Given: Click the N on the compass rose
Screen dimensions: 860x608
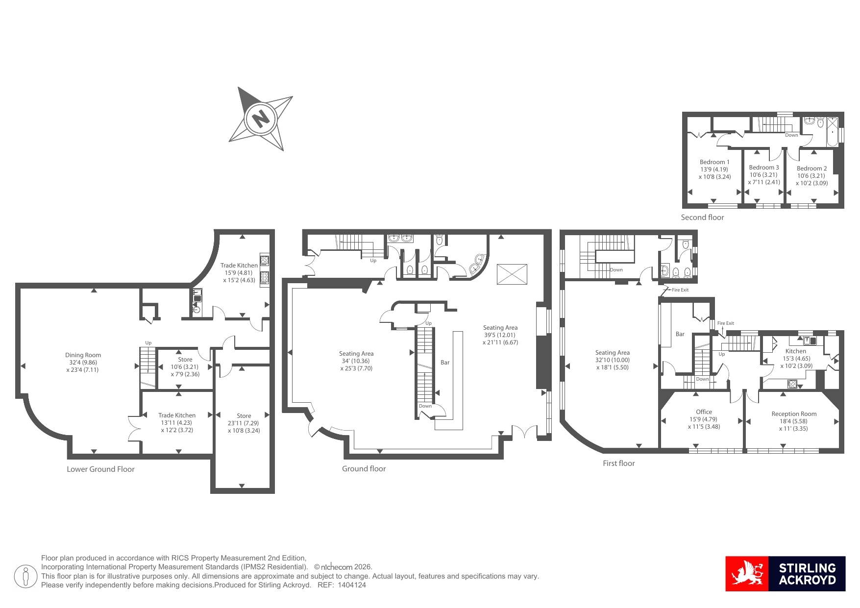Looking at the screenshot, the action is [x=261, y=118].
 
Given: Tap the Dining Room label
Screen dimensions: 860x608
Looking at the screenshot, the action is [x=83, y=355].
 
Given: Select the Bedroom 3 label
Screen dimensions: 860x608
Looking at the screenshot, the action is [x=763, y=168].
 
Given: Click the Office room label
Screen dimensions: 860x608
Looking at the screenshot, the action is [x=704, y=412].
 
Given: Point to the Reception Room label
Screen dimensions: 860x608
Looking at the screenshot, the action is [x=794, y=414].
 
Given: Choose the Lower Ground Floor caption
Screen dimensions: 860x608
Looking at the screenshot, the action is [x=100, y=469].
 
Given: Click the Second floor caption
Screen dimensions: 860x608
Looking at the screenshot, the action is [x=702, y=218].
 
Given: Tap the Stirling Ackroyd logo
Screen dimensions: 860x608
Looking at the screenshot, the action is [x=786, y=574].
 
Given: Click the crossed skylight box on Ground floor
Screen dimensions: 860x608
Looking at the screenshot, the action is [x=512, y=274].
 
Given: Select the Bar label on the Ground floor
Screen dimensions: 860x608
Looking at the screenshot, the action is [x=445, y=363].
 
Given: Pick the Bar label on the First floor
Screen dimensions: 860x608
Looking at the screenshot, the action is [x=680, y=334].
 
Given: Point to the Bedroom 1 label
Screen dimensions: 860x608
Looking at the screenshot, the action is [x=714, y=162].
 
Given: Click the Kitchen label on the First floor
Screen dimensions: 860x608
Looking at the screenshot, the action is [x=796, y=351].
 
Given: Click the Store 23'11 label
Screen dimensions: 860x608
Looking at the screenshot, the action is [x=244, y=416].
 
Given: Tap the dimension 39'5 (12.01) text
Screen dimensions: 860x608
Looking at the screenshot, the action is [x=500, y=335].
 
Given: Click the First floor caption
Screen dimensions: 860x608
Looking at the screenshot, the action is [x=618, y=463].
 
